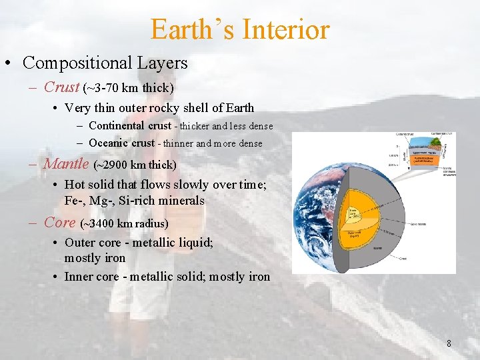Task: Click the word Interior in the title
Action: pyautogui.click(x=287, y=29)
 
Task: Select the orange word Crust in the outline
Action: pyautogui.click(x=61, y=87)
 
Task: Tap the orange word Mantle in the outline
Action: pyautogui.click(x=66, y=163)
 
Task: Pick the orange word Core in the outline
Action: pyautogui.click(x=59, y=222)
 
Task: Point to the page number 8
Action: pyautogui.click(x=449, y=344)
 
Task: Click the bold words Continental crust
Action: pyautogui.click(x=129, y=126)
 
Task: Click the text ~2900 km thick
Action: pyautogui.click(x=135, y=165)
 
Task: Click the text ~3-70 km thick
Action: pyautogui.click(x=128, y=88)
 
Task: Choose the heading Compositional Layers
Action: pyautogui.click(x=105, y=63)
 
